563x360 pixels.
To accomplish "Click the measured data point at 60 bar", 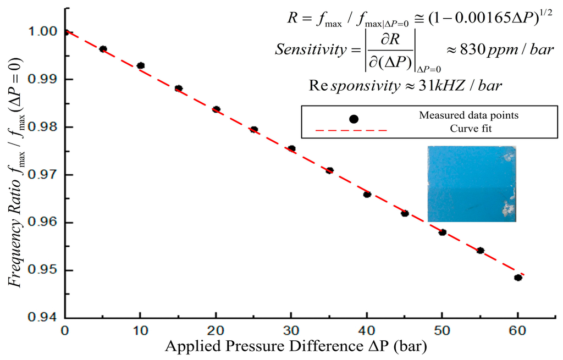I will [518, 278].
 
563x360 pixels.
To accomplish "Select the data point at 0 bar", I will [65, 32].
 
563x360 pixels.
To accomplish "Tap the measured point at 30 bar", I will [291, 148].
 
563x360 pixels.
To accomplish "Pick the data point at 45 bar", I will [405, 213].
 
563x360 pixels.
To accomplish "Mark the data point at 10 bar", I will [141, 65].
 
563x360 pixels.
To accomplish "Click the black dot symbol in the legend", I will [354, 119].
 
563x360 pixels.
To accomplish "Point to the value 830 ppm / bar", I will [496, 50].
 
